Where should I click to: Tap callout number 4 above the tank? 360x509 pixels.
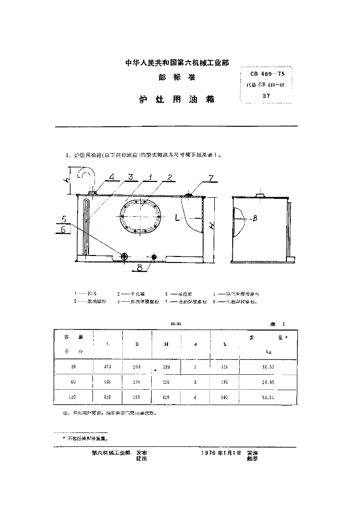pos(111,176)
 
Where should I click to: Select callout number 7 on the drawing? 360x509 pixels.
pos(210,177)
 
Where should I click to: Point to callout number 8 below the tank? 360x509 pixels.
pos(139,267)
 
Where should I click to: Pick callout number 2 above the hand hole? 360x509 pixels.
pos(170,177)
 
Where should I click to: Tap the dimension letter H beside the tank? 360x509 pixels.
pos(211,227)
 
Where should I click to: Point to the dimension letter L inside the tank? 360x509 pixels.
pos(177,217)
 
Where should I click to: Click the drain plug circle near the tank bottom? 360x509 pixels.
pos(125,256)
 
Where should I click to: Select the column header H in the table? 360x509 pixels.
pos(166,343)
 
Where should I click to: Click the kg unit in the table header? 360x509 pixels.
pos(268,351)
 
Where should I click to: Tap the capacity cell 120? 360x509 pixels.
pos(74,397)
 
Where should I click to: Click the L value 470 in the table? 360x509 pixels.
pos(107,366)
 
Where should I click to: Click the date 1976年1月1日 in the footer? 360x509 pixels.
pos(221,453)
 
